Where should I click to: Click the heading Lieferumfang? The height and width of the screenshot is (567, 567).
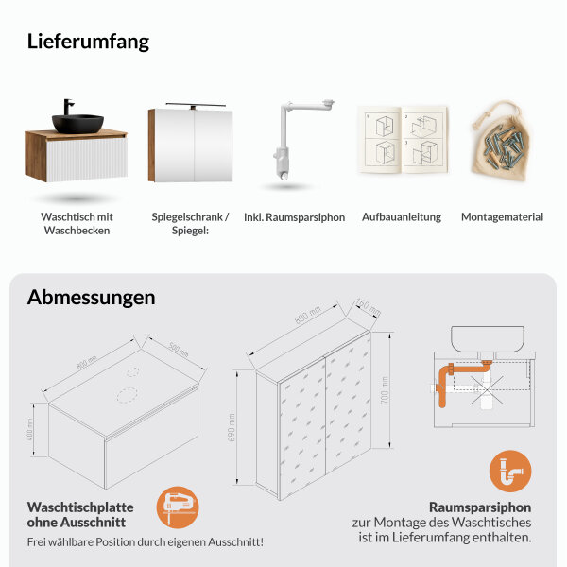[x=88, y=42]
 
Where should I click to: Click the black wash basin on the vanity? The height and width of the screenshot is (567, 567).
[x=77, y=122]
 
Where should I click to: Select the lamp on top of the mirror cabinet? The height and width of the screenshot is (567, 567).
[x=195, y=103]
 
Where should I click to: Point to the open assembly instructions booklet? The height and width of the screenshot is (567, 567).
[x=402, y=140]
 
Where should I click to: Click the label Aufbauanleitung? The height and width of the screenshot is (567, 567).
[x=402, y=217]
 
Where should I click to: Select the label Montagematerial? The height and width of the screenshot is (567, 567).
[x=502, y=217]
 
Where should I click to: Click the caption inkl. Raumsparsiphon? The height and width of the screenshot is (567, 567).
[x=294, y=217]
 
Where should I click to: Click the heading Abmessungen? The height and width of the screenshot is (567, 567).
[x=91, y=297]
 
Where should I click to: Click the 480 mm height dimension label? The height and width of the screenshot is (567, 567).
[x=31, y=432]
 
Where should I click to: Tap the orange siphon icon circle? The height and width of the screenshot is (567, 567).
[x=510, y=472]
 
